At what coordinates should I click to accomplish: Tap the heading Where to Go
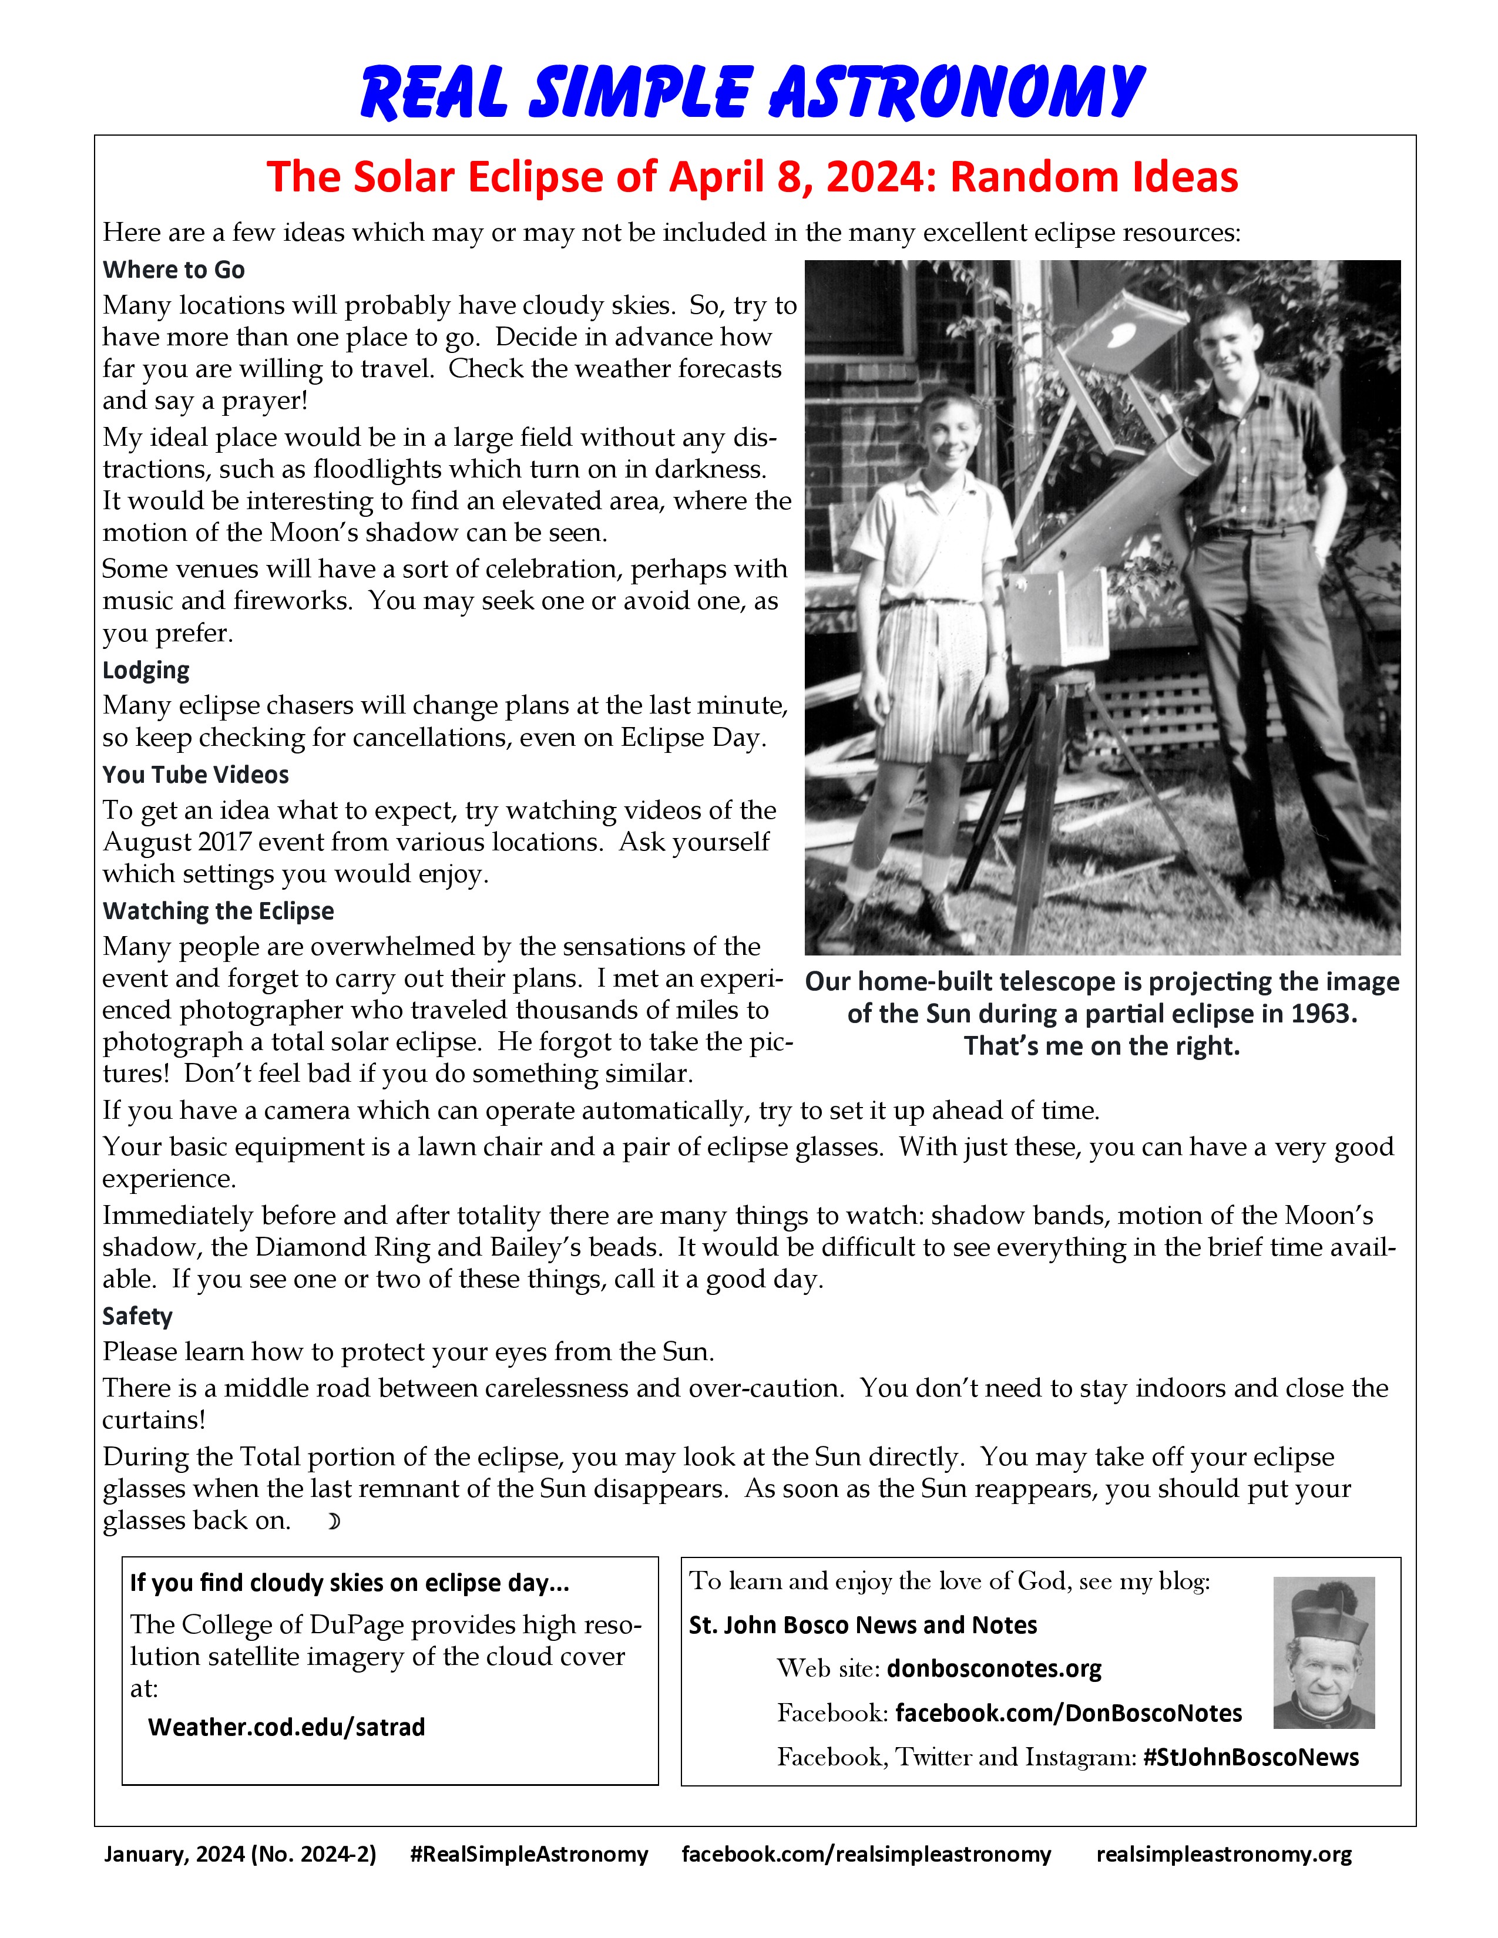[x=174, y=270]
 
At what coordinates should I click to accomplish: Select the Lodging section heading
[x=146, y=670]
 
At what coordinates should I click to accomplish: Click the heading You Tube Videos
[x=195, y=775]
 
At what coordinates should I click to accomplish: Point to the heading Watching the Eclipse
[x=219, y=911]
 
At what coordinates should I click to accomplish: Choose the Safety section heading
[x=137, y=1316]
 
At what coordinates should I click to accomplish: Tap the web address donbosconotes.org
[x=994, y=1669]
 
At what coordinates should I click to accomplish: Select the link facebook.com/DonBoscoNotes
[x=1069, y=1714]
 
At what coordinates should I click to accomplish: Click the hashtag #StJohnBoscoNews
[x=1251, y=1758]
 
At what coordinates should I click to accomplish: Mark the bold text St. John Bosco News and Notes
[x=862, y=1626]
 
